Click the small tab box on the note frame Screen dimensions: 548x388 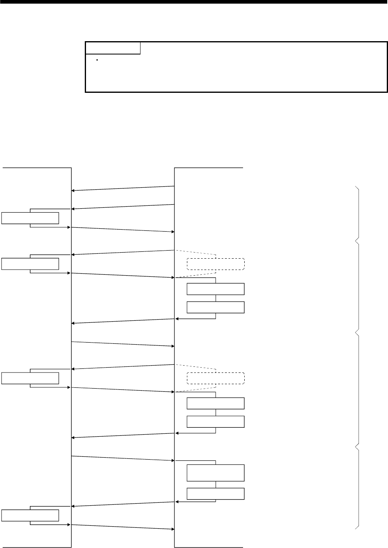[113, 48]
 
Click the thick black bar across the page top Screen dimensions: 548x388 [194, 2]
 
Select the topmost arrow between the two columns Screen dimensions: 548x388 [123, 188]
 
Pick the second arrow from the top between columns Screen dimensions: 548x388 [123, 207]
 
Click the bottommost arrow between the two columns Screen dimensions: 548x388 [123, 527]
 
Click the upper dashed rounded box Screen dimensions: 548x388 [216, 264]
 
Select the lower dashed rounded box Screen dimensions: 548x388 [216, 378]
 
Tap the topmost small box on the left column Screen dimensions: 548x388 [30, 218]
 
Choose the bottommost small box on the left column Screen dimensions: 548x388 [30, 515]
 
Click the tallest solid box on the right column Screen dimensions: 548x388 [216, 473]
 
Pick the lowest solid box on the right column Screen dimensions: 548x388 [216, 494]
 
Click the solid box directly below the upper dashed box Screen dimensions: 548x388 [216, 289]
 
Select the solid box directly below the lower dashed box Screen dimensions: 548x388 [216, 403]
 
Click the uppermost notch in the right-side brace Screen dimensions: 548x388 [355, 241]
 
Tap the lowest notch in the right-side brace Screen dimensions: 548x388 [355, 447]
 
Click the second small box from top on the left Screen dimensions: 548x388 [30, 264]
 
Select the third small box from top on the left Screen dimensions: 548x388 [30, 378]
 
